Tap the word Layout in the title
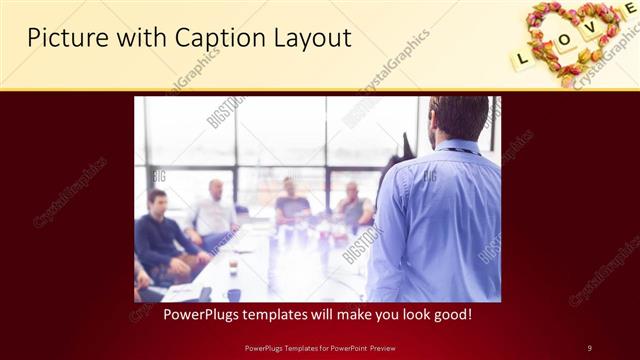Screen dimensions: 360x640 point(312,38)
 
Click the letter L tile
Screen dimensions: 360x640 point(521,59)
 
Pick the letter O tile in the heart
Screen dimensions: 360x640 point(565,42)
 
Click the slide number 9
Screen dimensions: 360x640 point(589,347)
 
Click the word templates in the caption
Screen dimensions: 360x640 point(276,314)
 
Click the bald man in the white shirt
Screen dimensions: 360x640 point(215,210)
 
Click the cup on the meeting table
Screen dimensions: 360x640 point(232,267)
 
